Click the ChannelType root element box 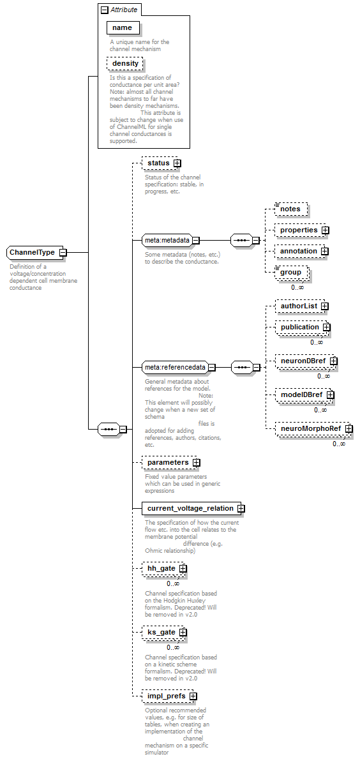point(37,252)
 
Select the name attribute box point(123,28)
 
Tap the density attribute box point(125,63)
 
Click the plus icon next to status point(177,163)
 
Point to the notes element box point(291,209)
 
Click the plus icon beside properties point(325,230)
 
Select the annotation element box point(302,252)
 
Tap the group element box point(291,273)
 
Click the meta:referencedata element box point(179,368)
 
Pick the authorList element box point(302,306)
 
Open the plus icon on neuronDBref point(333,361)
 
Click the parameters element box point(171,462)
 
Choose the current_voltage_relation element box point(193,509)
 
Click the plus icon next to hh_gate point(183,568)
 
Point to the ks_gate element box point(165,632)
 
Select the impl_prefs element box point(170,696)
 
